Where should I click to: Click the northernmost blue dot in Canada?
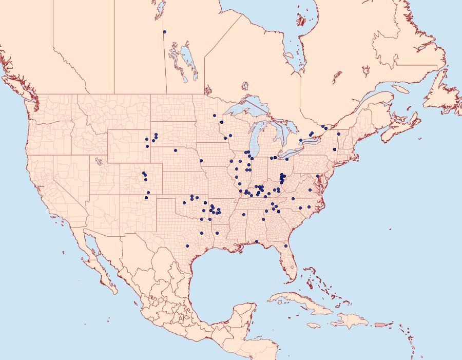pyautogui.click(x=165, y=32)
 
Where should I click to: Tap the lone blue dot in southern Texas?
pyautogui.click(x=188, y=246)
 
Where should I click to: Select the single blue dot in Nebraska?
pyautogui.click(x=176, y=150)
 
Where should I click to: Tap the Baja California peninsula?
pyautogui.click(x=98, y=262)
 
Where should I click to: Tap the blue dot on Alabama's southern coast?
pyautogui.click(x=256, y=241)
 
